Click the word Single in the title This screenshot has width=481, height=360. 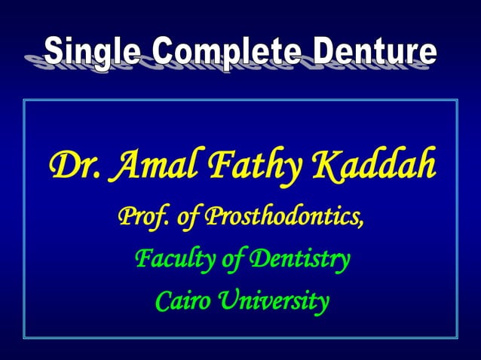(x=93, y=52)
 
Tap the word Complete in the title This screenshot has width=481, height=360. (x=225, y=52)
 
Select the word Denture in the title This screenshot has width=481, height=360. (x=375, y=52)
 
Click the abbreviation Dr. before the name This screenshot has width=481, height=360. (x=72, y=165)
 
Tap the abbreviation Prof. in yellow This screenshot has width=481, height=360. (x=142, y=218)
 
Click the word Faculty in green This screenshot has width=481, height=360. (x=170, y=261)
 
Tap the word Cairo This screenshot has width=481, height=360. (x=178, y=302)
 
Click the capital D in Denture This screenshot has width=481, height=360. (x=326, y=52)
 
